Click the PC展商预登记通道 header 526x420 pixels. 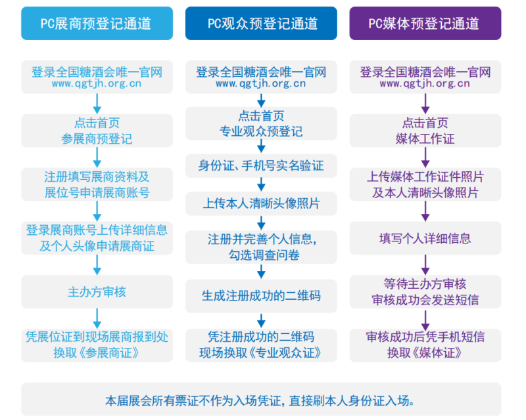(97, 24)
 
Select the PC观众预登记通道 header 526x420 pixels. (261, 24)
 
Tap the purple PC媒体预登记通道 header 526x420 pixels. (425, 24)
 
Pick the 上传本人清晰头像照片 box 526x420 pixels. (261, 203)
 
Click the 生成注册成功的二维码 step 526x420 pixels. (261, 296)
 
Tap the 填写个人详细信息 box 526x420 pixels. (425, 238)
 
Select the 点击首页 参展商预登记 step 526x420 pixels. (97, 131)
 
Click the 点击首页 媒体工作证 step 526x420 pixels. (425, 131)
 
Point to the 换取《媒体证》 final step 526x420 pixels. (425, 345)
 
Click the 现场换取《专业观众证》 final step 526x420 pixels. (261, 345)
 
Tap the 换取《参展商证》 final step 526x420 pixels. (97, 345)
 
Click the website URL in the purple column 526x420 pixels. (425, 84)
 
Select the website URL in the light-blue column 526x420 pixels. (97, 84)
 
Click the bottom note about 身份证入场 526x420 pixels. (261, 400)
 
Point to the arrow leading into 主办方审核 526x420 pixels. (97, 265)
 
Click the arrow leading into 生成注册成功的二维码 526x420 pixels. (261, 272)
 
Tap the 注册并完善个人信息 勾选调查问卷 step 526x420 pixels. (261, 245)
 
